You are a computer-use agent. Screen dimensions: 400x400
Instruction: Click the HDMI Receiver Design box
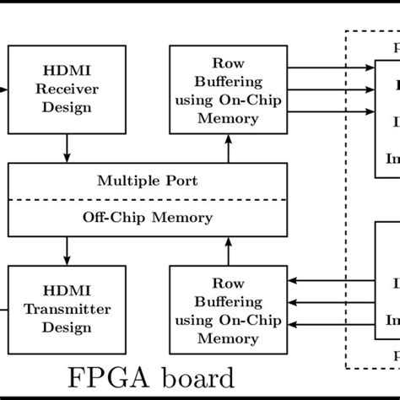click(x=67, y=89)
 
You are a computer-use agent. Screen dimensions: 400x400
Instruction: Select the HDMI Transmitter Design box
click(x=67, y=309)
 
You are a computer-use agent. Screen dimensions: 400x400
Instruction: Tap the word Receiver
click(x=67, y=89)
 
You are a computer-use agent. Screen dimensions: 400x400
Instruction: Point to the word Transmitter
click(x=67, y=309)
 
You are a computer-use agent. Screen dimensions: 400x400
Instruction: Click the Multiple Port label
click(x=147, y=180)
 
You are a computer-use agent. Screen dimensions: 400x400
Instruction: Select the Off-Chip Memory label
click(x=147, y=217)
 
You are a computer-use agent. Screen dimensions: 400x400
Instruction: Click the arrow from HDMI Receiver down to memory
click(x=67, y=148)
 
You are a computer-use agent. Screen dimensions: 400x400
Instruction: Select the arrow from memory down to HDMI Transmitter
click(x=67, y=251)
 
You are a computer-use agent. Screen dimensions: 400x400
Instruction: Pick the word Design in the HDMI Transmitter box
click(x=67, y=325)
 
